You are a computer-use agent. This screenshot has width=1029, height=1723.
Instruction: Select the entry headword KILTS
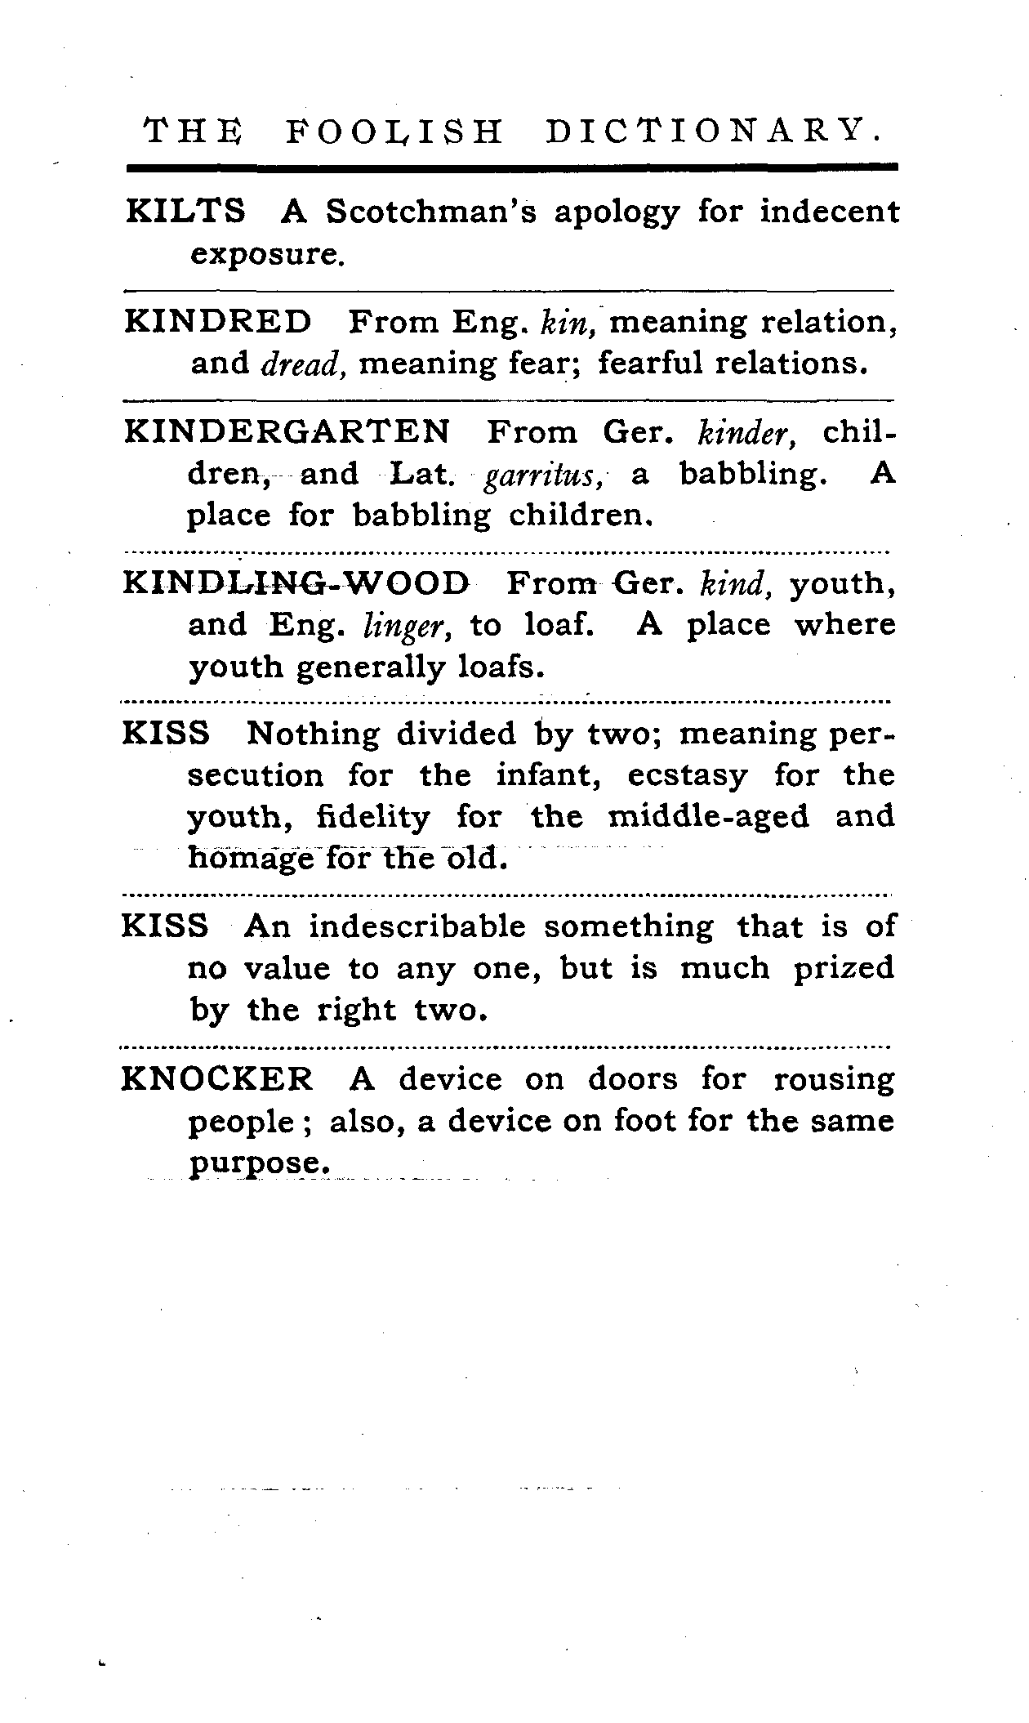coord(185,212)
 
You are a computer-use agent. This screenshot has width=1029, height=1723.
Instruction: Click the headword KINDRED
coord(218,322)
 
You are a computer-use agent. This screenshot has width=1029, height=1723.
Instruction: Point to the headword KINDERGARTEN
coord(287,431)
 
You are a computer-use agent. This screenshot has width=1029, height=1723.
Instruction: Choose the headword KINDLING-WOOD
coord(296,583)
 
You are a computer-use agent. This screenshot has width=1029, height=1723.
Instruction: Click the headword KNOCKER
coord(217,1079)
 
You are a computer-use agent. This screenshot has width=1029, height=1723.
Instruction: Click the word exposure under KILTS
coord(263,255)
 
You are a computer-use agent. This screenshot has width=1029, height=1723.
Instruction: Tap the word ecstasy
coord(687,775)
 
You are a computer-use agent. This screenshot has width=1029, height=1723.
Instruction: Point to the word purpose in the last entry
coord(259,1163)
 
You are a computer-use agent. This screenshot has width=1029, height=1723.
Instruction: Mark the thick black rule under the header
coord(512,167)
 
